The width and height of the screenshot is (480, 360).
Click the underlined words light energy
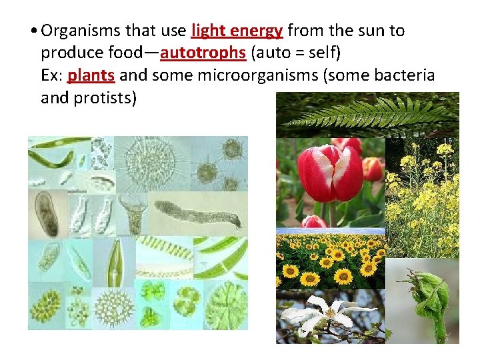(237, 31)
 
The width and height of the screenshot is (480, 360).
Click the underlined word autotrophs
(203, 53)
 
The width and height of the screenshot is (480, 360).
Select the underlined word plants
(92, 75)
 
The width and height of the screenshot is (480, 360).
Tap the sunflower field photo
(331, 261)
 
